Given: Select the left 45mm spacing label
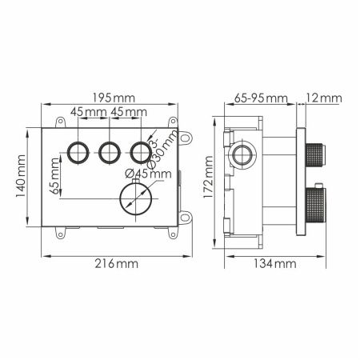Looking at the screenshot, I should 87,111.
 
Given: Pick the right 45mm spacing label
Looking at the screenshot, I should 128,111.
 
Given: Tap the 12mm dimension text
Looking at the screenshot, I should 325,98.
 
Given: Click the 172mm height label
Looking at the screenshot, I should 210,183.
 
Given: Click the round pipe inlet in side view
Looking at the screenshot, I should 241,154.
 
